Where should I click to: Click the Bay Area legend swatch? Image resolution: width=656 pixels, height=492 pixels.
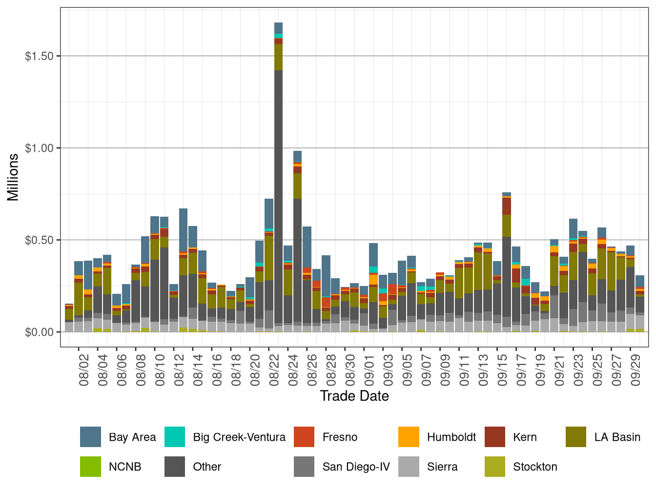click(90, 437)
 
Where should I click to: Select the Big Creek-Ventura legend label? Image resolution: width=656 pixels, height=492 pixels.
click(239, 437)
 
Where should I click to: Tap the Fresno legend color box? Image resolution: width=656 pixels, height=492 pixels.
click(304, 437)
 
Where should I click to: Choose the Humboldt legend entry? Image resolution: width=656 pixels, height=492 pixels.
click(451, 437)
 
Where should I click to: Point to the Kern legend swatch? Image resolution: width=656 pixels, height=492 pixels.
click(495, 437)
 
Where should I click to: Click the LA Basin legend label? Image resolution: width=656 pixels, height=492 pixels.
click(617, 437)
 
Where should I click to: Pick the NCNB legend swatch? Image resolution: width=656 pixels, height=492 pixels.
click(90, 467)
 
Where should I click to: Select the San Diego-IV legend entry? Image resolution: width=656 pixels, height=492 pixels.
click(356, 467)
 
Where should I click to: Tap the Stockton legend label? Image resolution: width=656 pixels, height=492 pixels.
click(535, 467)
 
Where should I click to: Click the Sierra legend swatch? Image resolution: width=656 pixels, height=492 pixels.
click(409, 467)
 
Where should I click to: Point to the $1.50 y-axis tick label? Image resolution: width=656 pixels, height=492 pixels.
click(39, 56)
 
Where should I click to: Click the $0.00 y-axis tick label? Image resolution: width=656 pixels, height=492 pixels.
click(39, 332)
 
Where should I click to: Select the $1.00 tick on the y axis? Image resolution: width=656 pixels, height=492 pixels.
click(39, 148)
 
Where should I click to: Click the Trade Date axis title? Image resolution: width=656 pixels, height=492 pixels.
click(354, 396)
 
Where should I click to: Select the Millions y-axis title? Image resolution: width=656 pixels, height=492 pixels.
click(13, 177)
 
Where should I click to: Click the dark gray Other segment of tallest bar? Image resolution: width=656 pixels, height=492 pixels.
click(278, 195)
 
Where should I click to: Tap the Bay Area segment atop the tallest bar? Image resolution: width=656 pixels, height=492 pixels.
click(278, 28)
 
